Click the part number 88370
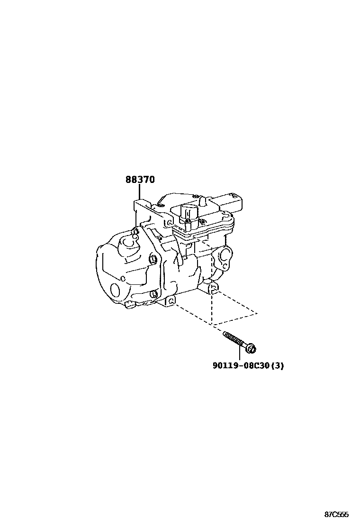[x=140, y=180]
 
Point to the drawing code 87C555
[x=337, y=515]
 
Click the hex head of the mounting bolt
[x=252, y=349]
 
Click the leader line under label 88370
[x=140, y=193]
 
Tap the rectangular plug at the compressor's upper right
[x=235, y=200]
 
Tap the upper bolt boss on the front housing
[x=153, y=259]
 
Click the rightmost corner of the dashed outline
[x=257, y=313]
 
